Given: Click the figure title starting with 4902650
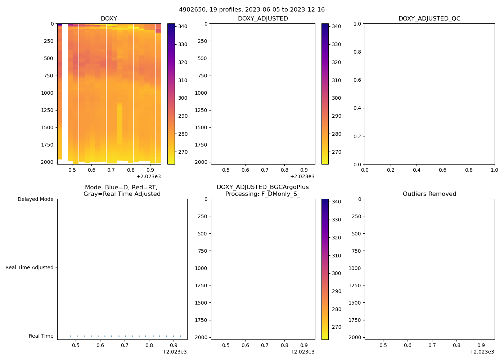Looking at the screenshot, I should point(252,10).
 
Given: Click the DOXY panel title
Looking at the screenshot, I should point(109,19).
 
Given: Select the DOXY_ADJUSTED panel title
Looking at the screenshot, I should point(263,19).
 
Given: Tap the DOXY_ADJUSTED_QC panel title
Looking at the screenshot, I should point(429,19).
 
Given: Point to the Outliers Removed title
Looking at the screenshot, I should point(429,194).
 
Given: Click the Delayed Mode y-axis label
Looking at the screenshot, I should point(35,199).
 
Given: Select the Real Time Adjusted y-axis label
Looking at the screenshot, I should point(29,267).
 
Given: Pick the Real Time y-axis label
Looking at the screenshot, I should point(41,336).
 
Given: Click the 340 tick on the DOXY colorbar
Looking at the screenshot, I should point(183,26).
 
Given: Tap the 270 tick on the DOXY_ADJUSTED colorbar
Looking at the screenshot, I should point(336,152).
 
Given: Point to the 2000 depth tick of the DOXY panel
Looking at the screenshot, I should point(47,162).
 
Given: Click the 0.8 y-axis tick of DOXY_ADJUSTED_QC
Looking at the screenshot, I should point(357,52).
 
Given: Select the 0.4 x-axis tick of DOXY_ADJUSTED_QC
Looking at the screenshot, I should point(417,170).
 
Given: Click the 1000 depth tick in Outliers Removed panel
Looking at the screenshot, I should point(355,268).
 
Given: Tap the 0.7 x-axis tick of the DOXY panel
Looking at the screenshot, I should point(111,170).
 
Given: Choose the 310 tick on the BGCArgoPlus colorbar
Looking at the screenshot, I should point(336,256).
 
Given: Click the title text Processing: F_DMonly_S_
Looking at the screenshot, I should point(262,194).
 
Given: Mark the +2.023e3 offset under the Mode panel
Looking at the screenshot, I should point(174,352).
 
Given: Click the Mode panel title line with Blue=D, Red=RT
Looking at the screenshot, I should point(121,188).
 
